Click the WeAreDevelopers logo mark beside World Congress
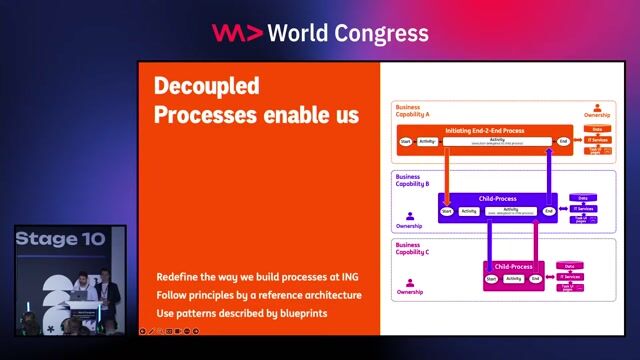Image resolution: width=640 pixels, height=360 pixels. pos(236,32)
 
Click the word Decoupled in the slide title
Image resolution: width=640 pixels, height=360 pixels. pos(206,85)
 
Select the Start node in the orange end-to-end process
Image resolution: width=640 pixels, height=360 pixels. pos(406,142)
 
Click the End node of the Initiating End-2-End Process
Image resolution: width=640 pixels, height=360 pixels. pos(564,142)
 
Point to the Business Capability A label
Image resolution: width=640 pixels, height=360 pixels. pos(413,110)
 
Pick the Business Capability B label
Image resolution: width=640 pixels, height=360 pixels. pos(413,180)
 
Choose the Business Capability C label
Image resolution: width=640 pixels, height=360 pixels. pos(412,248)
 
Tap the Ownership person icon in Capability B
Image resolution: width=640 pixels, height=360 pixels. pos(410,215)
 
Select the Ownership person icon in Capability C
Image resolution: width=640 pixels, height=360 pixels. pos(410,281)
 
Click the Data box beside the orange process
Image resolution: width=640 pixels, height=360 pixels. pos(597,130)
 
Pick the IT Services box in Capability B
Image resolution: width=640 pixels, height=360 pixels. pos(584,208)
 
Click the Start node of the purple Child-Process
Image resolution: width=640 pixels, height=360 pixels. pos(447,211)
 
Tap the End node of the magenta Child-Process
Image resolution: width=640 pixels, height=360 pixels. pos(534,278)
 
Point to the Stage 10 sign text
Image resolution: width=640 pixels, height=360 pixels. pos(60,240)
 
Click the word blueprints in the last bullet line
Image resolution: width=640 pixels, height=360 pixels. pos(296,313)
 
